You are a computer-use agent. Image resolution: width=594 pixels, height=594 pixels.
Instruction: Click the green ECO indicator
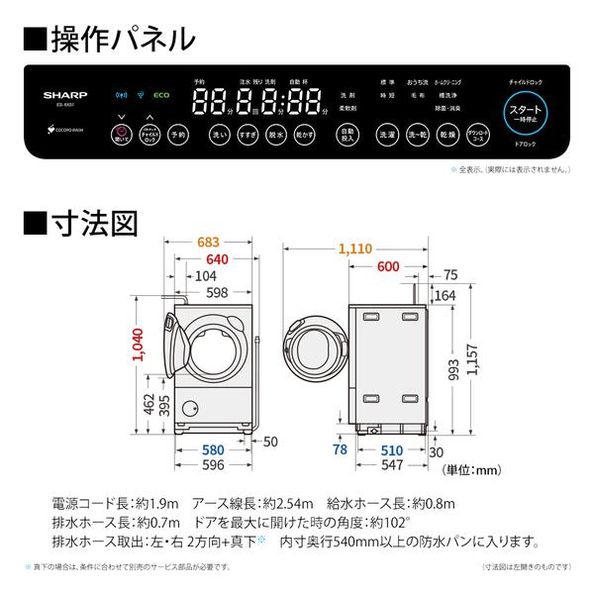162,97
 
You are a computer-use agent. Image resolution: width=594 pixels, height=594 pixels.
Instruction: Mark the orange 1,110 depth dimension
358,251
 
